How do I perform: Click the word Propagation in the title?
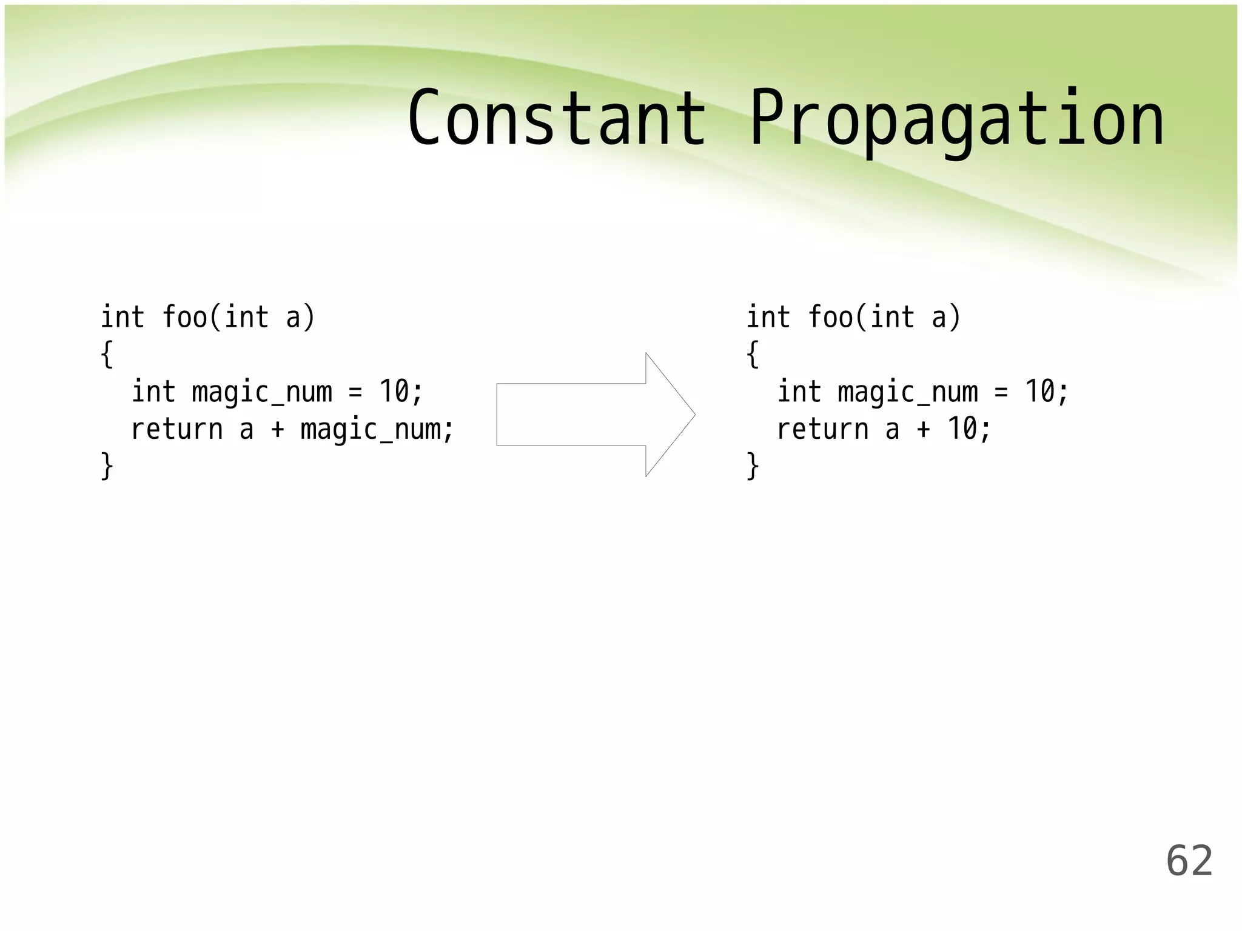[x=956, y=119]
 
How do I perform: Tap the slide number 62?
[x=1189, y=861]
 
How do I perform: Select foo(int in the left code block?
[x=215, y=318]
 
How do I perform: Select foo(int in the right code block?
[x=861, y=318]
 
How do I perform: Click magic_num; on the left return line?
[x=377, y=430]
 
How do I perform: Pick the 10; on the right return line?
[x=968, y=429]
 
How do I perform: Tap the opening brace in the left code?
[x=107, y=354]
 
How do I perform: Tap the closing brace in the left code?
[x=107, y=465]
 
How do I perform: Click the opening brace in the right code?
[x=753, y=354]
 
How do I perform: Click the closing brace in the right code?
[x=753, y=465]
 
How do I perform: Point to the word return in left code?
[x=176, y=430]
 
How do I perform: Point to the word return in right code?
[x=822, y=430]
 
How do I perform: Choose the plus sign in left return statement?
[x=277, y=430]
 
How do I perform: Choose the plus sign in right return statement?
[x=923, y=430]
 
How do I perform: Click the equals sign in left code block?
[x=355, y=392]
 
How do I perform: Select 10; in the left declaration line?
[x=400, y=392]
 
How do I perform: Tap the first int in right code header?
[x=768, y=318]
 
